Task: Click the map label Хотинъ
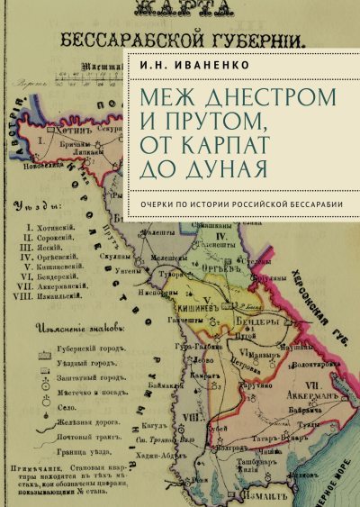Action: coord(64,131)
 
